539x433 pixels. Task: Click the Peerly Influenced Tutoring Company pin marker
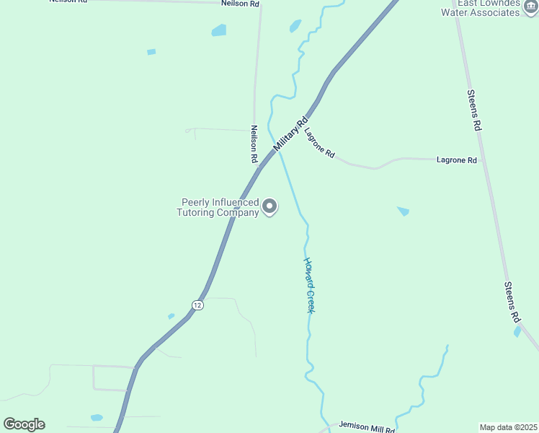pyautogui.click(x=269, y=207)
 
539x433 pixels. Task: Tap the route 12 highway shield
pyautogui.click(x=197, y=305)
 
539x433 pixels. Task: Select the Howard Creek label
pyautogui.click(x=309, y=285)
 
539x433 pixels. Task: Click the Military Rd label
pyautogui.click(x=290, y=134)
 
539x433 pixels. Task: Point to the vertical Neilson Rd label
pyautogui.click(x=254, y=143)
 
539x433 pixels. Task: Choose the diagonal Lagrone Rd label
pyautogui.click(x=319, y=143)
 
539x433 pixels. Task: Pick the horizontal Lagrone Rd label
pyautogui.click(x=457, y=160)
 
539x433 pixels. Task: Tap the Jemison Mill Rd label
pyautogui.click(x=367, y=428)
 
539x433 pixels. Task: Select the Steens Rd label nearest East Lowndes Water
pyautogui.click(x=473, y=110)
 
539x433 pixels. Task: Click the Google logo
pyautogui.click(x=24, y=424)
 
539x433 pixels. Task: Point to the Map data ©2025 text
pyautogui.click(x=509, y=427)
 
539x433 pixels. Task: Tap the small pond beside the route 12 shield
pyautogui.click(x=171, y=316)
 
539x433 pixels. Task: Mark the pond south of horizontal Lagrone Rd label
pyautogui.click(x=403, y=211)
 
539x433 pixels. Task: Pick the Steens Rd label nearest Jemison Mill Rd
pyautogui.click(x=512, y=302)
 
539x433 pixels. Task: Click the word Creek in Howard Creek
pyautogui.click(x=311, y=299)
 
